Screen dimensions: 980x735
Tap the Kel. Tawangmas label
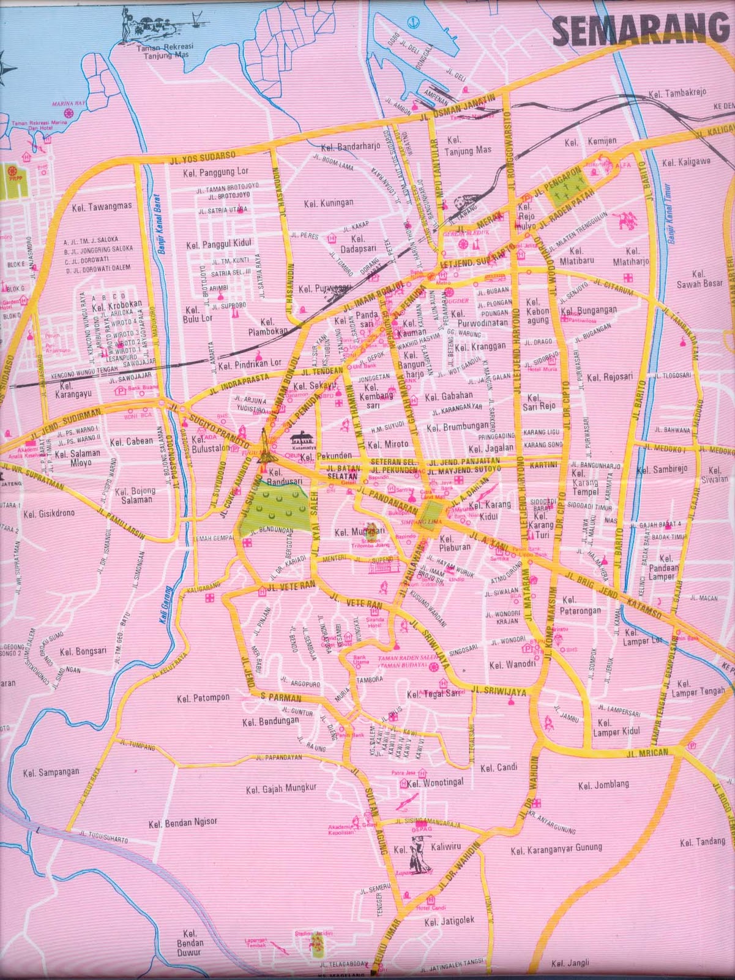click(x=102, y=207)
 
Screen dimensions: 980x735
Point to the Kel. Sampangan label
click(x=51, y=772)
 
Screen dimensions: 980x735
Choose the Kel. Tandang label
click(x=702, y=842)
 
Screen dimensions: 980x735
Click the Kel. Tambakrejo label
click(x=677, y=92)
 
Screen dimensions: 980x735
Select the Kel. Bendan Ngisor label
click(x=182, y=823)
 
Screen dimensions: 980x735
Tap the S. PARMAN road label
click(x=281, y=698)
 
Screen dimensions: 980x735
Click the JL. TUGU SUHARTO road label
click(x=103, y=835)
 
